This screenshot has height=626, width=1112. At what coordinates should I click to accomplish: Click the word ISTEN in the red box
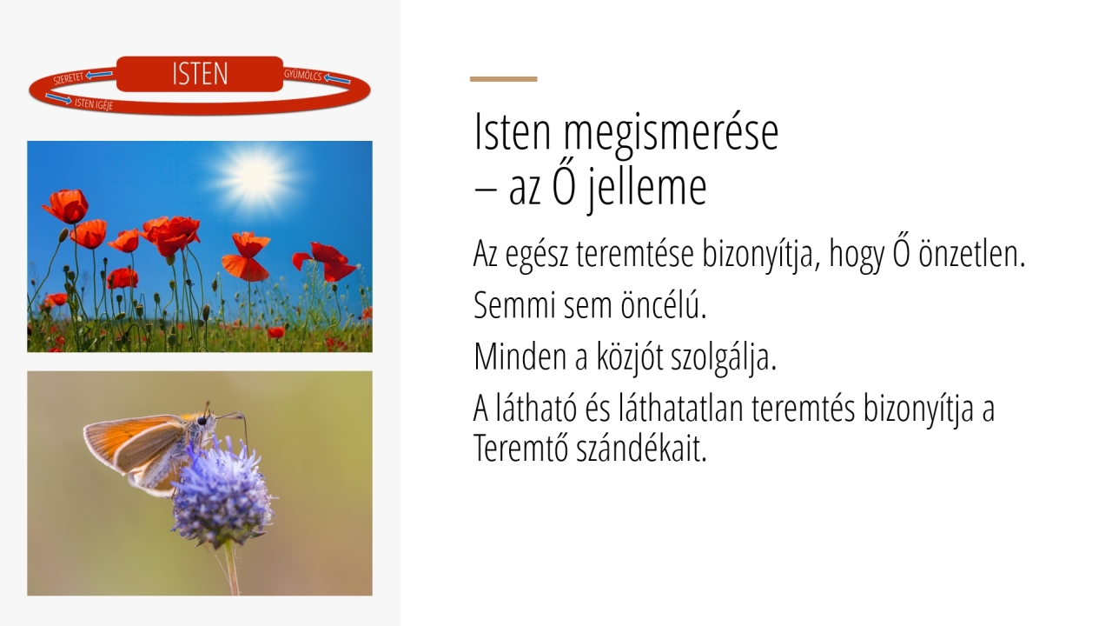(200, 74)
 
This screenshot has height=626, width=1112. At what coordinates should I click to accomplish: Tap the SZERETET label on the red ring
(69, 78)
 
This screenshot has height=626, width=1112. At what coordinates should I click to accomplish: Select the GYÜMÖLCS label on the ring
(303, 75)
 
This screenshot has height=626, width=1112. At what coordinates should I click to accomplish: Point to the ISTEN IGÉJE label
(94, 103)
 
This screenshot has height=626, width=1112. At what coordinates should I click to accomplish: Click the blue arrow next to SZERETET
(99, 75)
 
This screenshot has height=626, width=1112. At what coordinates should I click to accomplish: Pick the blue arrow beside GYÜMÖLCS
(337, 79)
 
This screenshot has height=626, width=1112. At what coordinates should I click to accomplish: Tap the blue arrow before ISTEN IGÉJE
(58, 98)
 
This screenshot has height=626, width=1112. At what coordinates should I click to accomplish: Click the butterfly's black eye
(202, 422)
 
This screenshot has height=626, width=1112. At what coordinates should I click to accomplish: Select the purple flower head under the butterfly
(222, 492)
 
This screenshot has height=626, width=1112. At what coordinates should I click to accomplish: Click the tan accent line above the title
(503, 79)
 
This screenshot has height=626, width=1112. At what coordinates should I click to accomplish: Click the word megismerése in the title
(671, 132)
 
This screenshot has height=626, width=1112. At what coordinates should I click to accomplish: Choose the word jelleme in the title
(645, 189)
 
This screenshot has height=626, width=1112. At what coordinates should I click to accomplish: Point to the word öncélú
(663, 304)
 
